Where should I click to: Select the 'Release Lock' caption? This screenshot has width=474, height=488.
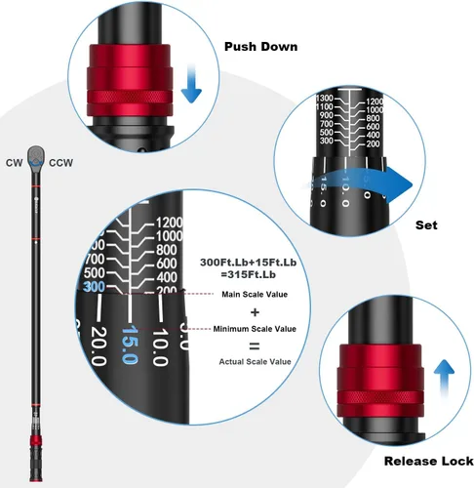coord(428,461)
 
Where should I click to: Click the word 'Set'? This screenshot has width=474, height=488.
coord(426,225)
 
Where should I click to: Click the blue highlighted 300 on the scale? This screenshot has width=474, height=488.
coord(95,287)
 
